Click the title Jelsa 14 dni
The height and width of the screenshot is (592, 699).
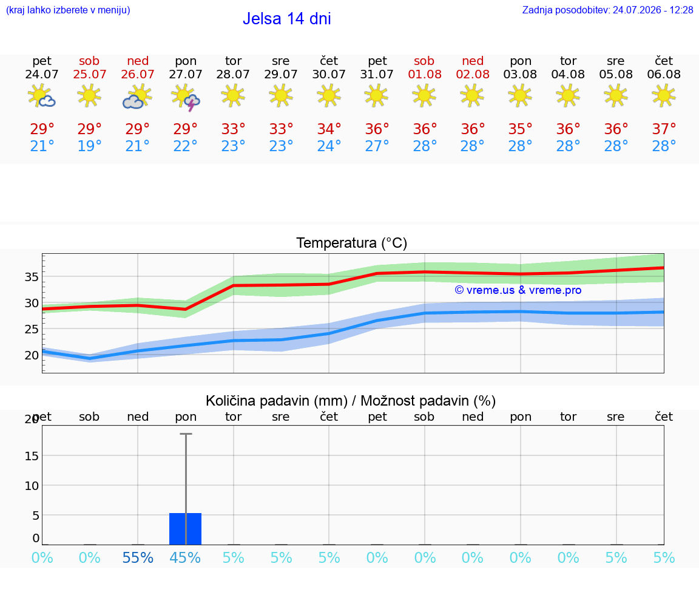(286, 19)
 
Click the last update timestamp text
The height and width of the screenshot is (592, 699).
(607, 10)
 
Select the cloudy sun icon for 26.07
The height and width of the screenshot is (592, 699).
(137, 97)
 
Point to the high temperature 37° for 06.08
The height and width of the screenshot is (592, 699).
(664, 129)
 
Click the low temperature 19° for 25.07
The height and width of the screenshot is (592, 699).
(89, 146)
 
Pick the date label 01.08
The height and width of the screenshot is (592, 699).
(424, 74)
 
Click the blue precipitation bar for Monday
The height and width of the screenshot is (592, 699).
(186, 529)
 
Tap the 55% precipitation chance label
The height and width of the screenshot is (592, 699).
(138, 557)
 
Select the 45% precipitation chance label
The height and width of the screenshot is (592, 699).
(185, 557)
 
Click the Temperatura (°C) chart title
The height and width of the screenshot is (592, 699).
(352, 243)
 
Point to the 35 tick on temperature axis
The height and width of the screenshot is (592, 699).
(31, 277)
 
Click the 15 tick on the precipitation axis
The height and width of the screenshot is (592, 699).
(31, 456)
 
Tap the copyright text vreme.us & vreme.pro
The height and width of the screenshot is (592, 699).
(518, 290)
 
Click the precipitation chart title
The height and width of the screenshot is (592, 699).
(350, 401)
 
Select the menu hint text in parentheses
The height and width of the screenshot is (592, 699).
(68, 10)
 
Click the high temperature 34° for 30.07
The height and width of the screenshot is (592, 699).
(329, 129)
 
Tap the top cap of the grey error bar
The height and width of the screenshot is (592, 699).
(186, 434)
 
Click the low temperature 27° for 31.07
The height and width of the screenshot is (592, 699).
(377, 146)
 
